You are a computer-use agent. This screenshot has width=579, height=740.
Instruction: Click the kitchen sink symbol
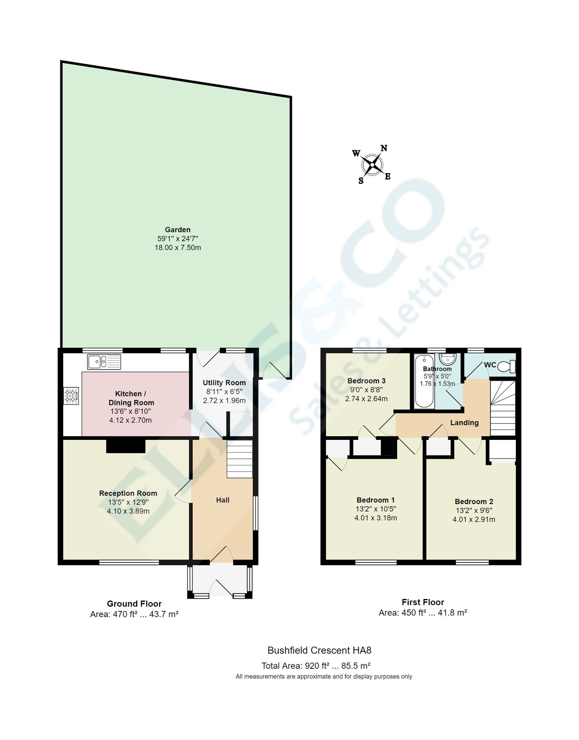pyautogui.click(x=104, y=362)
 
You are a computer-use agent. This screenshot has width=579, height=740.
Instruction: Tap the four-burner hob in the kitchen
pyautogui.click(x=71, y=395)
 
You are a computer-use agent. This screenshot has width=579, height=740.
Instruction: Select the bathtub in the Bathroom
pyautogui.click(x=425, y=382)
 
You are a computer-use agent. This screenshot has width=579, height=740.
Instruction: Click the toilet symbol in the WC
pyautogui.click(x=507, y=366)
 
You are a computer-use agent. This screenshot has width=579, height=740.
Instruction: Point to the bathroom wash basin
pyautogui.click(x=448, y=358)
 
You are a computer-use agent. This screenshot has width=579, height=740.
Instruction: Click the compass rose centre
pyautogui.click(x=372, y=165)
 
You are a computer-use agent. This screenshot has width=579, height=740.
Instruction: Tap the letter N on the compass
pyautogui.click(x=384, y=148)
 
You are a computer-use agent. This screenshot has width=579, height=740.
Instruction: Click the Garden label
pyautogui.click(x=177, y=230)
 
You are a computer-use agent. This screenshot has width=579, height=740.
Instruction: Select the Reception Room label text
pyautogui.click(x=128, y=493)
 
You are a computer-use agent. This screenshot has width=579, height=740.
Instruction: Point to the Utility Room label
pyautogui.click(x=224, y=383)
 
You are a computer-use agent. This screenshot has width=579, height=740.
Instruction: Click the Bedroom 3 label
pyautogui.click(x=366, y=381)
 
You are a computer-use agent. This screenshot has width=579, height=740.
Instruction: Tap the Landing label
pyautogui.click(x=464, y=423)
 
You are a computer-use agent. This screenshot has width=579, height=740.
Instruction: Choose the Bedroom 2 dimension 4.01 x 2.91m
pyautogui.click(x=474, y=519)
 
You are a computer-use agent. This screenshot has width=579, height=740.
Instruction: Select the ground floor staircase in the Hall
pyautogui.click(x=239, y=459)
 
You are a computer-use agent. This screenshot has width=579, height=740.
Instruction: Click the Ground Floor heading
pyautogui.click(x=134, y=604)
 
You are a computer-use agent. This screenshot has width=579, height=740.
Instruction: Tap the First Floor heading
pyautogui.click(x=423, y=602)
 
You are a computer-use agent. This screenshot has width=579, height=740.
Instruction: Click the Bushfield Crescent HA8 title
pyautogui.click(x=319, y=650)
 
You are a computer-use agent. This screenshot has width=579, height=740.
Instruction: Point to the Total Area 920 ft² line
pyautogui.click(x=316, y=666)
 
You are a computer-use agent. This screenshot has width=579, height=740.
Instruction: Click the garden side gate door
pyautogui.click(x=275, y=370)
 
